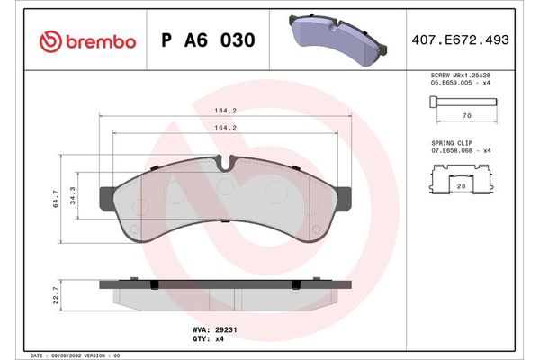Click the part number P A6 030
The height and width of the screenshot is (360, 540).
pyautogui.click(x=207, y=41)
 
